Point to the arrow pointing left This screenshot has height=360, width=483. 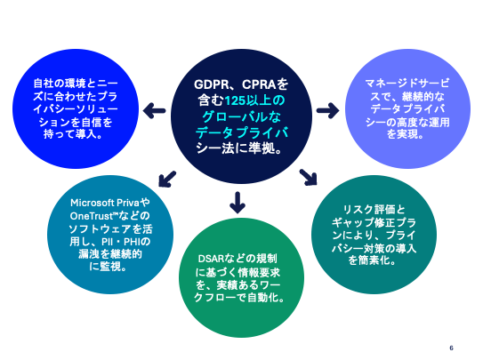[155, 110]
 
